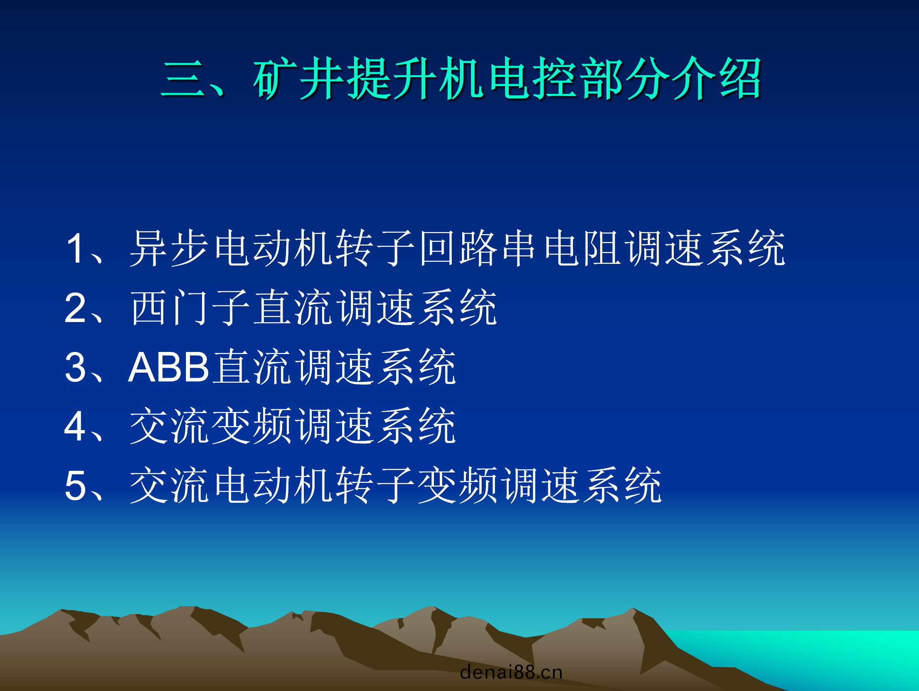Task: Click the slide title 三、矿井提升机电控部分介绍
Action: [461, 78]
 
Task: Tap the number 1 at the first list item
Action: [75, 248]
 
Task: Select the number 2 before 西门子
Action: [75, 308]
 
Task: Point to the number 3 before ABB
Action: [75, 367]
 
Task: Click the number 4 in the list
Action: [75, 426]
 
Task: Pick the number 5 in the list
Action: [75, 486]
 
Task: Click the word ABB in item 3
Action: [168, 367]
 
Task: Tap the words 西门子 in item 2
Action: [190, 308]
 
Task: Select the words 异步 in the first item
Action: [170, 248]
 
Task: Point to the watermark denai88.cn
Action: [511, 672]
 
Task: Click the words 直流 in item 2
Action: [293, 308]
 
